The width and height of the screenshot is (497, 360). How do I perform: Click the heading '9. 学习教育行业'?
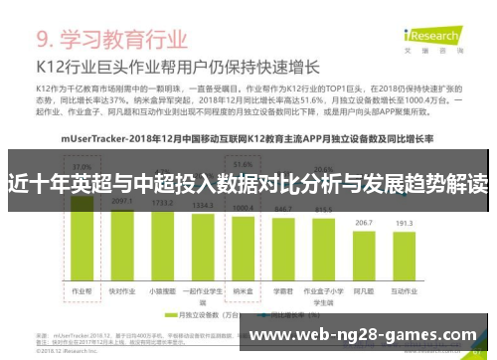pos(111,41)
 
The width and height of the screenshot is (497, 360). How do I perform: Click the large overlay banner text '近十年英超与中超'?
pos(248,184)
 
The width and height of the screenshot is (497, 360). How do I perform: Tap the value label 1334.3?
pos(202,205)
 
